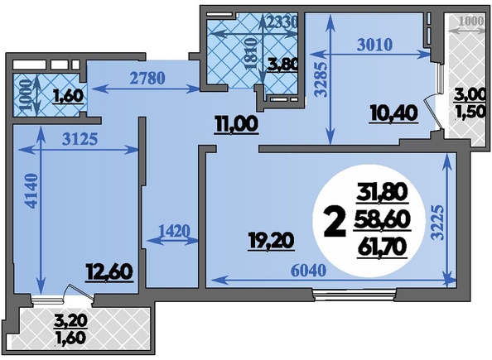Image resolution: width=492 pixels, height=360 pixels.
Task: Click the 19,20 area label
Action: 271,242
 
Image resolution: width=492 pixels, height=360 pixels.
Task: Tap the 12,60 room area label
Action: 109,272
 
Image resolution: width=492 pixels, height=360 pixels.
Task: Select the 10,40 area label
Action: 393,113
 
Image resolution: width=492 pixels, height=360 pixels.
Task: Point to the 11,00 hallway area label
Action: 236,124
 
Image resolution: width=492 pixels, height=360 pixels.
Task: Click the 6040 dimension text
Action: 309,271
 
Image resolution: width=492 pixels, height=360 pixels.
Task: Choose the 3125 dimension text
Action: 80,139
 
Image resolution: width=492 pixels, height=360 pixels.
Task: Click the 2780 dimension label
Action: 147,78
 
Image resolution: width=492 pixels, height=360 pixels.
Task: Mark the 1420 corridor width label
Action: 175,232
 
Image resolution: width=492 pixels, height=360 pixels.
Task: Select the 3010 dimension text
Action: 375,45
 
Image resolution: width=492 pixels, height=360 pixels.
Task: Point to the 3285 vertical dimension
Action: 321,79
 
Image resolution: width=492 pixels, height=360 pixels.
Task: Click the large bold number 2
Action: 335,223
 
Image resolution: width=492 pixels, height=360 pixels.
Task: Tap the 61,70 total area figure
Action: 382,248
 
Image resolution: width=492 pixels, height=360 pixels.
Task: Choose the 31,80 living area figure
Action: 382,192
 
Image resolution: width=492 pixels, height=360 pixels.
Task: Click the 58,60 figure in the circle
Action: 382,220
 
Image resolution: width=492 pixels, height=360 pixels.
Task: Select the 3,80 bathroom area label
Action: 282,65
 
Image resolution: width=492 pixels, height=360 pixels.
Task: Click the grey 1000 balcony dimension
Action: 471,22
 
